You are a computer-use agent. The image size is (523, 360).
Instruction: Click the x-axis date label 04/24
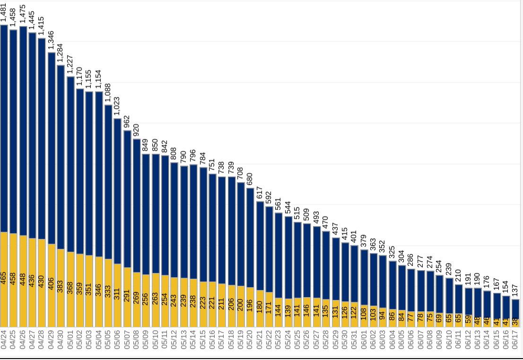[4, 340]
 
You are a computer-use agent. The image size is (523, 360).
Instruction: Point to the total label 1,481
[4, 11]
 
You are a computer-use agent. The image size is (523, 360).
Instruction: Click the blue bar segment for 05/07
[127, 198]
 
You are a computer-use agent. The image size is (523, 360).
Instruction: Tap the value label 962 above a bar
[127, 122]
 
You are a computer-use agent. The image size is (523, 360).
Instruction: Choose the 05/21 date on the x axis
[260, 340]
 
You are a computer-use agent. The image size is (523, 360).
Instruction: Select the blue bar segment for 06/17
[515, 309]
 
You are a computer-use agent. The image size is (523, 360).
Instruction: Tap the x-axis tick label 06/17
[515, 340]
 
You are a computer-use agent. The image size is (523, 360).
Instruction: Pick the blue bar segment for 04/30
[61, 156]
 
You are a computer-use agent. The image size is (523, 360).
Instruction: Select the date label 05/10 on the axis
[156, 340]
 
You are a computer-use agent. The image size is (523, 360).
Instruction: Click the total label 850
[156, 146]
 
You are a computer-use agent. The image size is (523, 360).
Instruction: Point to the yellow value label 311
[117, 293]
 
